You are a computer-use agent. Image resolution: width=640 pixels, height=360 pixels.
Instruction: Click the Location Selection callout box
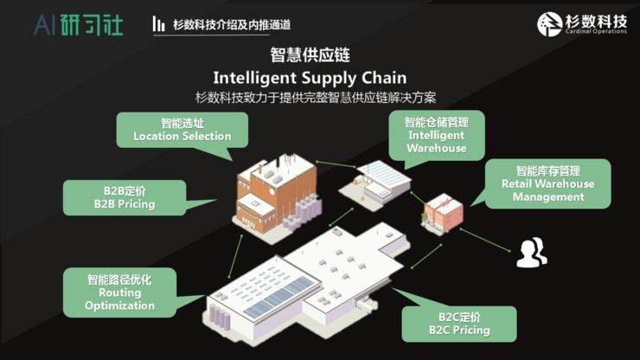pyautogui.click(x=182, y=130)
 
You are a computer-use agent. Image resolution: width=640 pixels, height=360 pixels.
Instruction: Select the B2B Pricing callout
pyautogui.click(x=124, y=197)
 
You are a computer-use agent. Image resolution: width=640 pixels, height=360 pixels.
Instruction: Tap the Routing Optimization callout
pyautogui.click(x=119, y=292)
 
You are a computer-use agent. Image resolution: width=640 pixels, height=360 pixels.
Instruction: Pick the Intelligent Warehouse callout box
pyautogui.click(x=436, y=135)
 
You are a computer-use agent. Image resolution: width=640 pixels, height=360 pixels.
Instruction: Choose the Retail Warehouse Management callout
pyautogui.click(x=547, y=183)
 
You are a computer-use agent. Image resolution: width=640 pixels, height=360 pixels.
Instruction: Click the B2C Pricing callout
pyautogui.click(x=459, y=323)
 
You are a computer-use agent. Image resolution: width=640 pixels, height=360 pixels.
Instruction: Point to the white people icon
pyautogui.click(x=531, y=251)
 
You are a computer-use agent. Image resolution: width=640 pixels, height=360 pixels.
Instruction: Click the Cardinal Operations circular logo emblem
pyautogui.click(x=552, y=23)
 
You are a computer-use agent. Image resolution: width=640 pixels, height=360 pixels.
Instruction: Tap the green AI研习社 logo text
pyautogui.click(x=79, y=24)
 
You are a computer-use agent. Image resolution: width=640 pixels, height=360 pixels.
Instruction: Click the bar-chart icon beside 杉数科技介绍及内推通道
pyautogui.click(x=158, y=24)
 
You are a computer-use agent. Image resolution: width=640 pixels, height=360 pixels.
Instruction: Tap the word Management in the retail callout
pyautogui.click(x=547, y=196)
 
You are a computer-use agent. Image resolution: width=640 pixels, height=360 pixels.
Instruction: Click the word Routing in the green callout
pyautogui.click(x=119, y=292)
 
